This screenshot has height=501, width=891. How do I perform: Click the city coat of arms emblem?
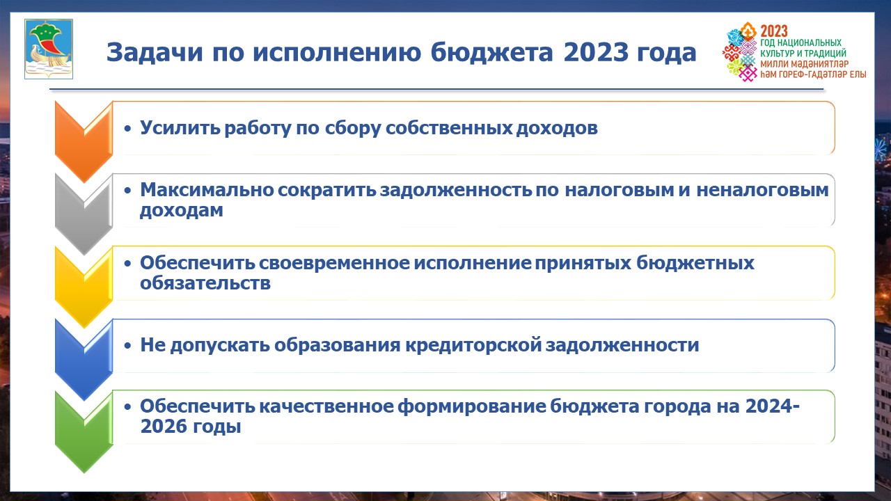[x=49, y=49]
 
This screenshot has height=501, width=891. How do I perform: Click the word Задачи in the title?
[x=155, y=52]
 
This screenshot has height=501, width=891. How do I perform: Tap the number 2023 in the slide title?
[x=596, y=52]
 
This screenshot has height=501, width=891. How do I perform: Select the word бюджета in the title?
[x=491, y=52]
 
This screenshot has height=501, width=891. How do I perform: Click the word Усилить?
[x=180, y=128]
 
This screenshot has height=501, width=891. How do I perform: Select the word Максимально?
[x=207, y=190]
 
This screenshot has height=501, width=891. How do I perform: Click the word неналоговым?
[x=762, y=190]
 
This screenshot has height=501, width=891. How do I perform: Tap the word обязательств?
[x=205, y=283]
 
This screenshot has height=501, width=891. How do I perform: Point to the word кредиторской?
[x=473, y=344]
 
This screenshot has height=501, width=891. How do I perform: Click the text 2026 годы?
[x=191, y=427]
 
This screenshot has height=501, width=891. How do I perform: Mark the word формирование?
[x=472, y=406]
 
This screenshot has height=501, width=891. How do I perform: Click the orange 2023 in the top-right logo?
[x=774, y=31]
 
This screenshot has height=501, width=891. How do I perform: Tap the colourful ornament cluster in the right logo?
[x=741, y=51]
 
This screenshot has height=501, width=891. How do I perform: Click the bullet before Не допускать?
[x=127, y=345]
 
